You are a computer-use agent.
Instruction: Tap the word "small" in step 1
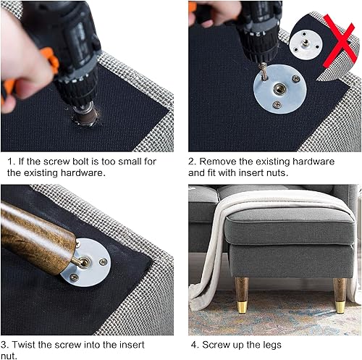coord(127,161)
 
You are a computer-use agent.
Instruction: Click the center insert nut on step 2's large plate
coord(279,90)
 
